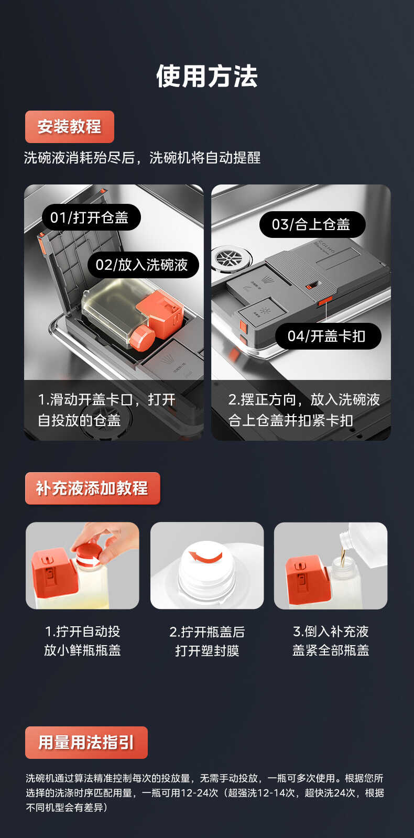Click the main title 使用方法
[x=207, y=77]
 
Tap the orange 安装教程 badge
[x=69, y=127]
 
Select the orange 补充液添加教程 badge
[x=92, y=488]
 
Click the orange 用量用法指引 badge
[x=86, y=743]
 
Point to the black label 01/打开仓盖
[x=91, y=217]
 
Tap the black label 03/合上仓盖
[x=312, y=224]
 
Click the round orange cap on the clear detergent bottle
[x=141, y=337]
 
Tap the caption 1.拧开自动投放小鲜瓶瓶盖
[x=82, y=641]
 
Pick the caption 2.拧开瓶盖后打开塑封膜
[x=207, y=641]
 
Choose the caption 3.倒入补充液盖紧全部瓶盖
[x=331, y=641]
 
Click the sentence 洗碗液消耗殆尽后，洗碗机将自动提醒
[x=142, y=158]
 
